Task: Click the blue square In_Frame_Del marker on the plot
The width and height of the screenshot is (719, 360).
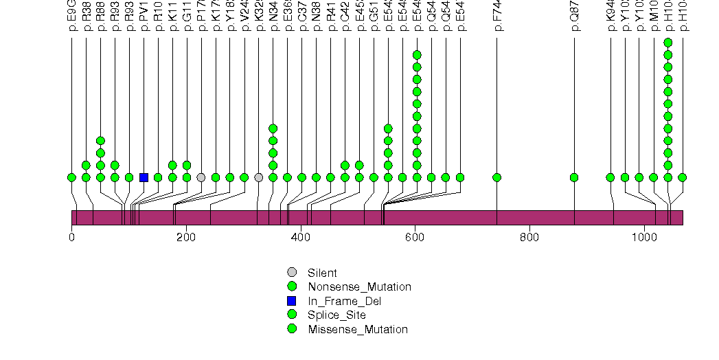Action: pos(144,177)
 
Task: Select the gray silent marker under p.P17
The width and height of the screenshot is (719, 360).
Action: pos(201,177)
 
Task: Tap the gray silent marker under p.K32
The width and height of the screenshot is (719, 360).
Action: pos(258,177)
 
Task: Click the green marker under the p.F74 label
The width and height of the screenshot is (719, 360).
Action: pos(497,177)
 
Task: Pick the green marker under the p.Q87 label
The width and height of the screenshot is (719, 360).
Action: pos(574,177)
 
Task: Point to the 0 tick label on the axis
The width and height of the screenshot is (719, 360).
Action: pos(71,237)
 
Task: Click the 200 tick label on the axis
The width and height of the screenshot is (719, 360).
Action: pos(186,237)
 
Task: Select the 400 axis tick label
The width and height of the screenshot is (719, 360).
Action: pos(300,237)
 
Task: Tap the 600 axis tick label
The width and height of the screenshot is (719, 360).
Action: pos(415,237)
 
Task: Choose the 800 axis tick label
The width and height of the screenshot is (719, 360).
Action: pos(529,237)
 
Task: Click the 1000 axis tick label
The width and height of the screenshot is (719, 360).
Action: pos(643,237)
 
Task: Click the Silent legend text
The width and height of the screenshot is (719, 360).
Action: pos(322,273)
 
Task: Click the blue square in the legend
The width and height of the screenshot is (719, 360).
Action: pos(292,301)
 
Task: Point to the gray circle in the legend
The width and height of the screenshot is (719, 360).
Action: pos(292,273)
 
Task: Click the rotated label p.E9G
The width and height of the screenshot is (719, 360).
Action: pos(72,20)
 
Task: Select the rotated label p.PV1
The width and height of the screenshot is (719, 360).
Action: pos(144,20)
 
